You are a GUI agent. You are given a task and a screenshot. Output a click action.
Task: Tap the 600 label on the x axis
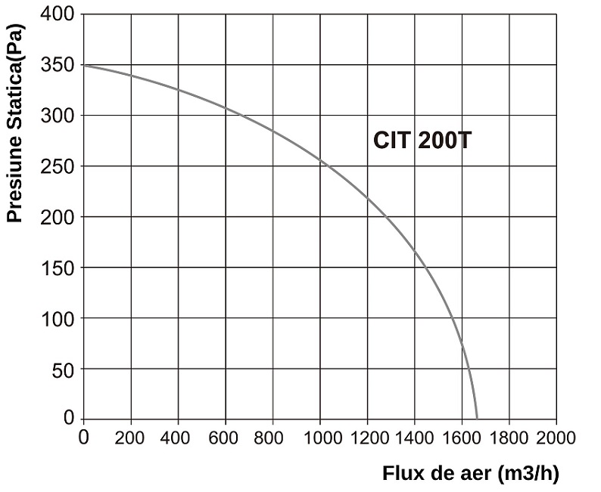point(225,438)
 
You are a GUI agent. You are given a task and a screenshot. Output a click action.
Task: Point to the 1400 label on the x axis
point(414,438)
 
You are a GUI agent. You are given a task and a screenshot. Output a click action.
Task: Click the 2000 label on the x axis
point(556,438)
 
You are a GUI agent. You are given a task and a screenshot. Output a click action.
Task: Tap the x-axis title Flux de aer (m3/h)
point(470,474)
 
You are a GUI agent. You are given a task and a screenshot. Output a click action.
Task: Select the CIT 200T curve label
point(422,141)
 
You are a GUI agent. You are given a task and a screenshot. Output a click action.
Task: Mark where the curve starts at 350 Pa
point(83,66)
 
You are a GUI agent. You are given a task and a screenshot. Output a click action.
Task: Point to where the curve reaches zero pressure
point(477,418)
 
